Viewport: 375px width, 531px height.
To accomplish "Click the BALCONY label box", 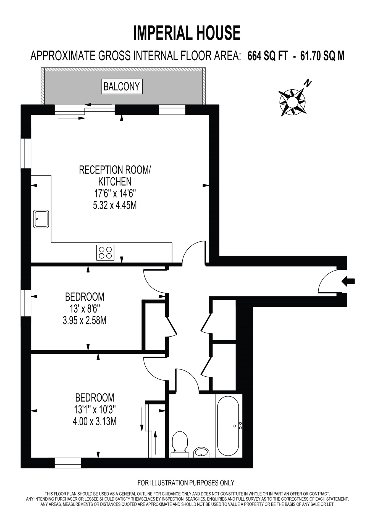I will point(122,87).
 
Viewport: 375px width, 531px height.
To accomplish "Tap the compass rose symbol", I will point(292,103).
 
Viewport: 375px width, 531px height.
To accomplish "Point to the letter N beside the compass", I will point(308,83).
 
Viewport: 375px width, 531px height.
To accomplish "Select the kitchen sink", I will point(41,219).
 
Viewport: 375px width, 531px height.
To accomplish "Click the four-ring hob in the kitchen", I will point(105,253).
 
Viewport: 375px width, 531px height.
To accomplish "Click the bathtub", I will point(228,426).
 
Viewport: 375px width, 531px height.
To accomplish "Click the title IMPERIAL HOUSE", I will point(187,33).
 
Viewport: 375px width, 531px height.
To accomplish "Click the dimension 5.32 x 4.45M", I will point(115,205).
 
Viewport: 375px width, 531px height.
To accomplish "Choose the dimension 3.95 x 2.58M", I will point(85,321).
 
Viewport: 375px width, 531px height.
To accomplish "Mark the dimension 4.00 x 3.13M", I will point(95,421).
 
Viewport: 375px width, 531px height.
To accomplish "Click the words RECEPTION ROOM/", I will point(115,170).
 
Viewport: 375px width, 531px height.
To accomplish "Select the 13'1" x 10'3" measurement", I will point(95,410).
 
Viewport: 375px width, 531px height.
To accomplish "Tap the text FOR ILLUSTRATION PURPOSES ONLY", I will point(186,483).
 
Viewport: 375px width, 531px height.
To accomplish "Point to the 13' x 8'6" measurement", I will point(85,309).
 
